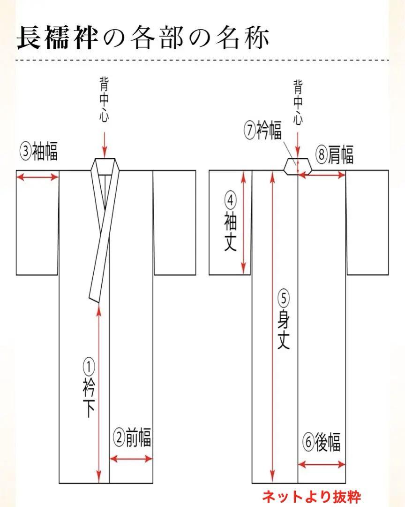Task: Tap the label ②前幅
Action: [x=132, y=438]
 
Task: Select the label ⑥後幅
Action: [x=322, y=442]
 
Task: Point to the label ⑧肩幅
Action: [x=335, y=154]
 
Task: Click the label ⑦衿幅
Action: [x=263, y=131]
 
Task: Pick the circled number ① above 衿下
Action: [x=89, y=366]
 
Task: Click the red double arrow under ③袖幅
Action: [x=37, y=177]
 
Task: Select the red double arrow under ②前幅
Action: [x=131, y=459]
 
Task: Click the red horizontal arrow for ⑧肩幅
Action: [x=322, y=175]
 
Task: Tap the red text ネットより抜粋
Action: [x=311, y=497]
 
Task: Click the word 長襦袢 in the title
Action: [x=57, y=38]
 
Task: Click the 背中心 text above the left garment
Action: [x=104, y=99]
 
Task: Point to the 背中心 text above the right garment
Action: [x=298, y=103]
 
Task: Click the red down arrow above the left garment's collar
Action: [x=104, y=143]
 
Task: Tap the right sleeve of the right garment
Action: [x=367, y=223]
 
